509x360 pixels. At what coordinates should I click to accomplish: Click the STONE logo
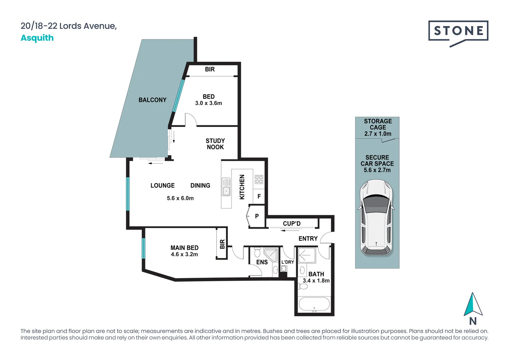pyautogui.click(x=458, y=33)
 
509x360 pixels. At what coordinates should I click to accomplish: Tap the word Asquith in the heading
pyautogui.click(x=37, y=38)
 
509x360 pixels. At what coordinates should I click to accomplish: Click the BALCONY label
pyautogui.click(x=152, y=100)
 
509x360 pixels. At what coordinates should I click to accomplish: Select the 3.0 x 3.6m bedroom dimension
pyautogui.click(x=209, y=103)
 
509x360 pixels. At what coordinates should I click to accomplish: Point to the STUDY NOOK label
pyautogui.click(x=215, y=144)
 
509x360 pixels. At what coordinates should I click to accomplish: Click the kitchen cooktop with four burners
pyautogui.click(x=259, y=179)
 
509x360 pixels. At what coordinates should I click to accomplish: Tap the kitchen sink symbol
pyautogui.click(x=226, y=187)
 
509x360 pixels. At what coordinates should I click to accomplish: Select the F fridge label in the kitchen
pyautogui.click(x=259, y=197)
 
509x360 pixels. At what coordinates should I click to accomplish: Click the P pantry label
pyautogui.click(x=257, y=216)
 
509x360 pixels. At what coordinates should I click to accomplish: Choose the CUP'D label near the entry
pyautogui.click(x=291, y=224)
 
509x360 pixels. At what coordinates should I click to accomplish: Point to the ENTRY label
pyautogui.click(x=308, y=239)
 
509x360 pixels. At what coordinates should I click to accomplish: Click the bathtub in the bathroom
pyautogui.click(x=314, y=304)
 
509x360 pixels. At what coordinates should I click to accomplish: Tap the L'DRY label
pyautogui.click(x=287, y=262)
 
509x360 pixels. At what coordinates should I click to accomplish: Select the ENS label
pyautogui.click(x=262, y=262)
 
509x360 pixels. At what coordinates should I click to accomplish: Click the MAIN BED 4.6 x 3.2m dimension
pyautogui.click(x=184, y=254)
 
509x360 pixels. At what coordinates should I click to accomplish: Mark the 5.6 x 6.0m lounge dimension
pyautogui.click(x=180, y=198)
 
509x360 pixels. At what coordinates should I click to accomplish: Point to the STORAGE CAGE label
pyautogui.click(x=378, y=124)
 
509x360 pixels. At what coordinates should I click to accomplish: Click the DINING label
pyautogui.click(x=200, y=186)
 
